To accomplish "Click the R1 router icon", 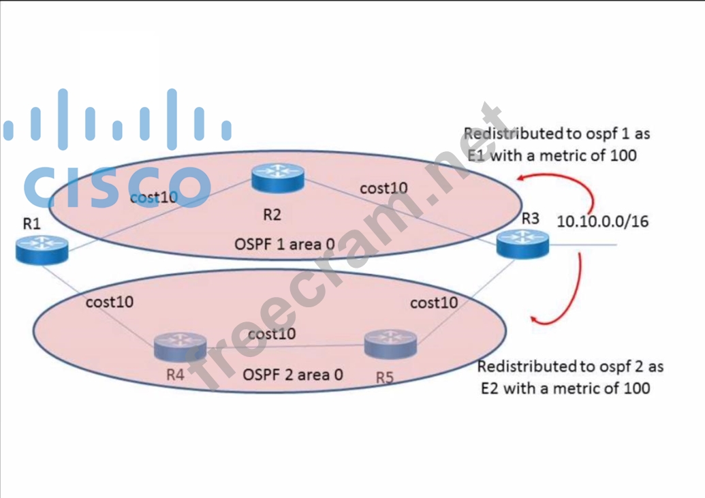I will [42, 249].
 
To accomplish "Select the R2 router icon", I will [277, 178].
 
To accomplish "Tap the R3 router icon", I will [522, 244].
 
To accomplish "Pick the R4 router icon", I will [180, 347].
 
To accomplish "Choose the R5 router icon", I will [390, 344].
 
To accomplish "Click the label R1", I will [32, 223].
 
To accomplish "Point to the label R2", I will [272, 215].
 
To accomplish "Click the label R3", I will [530, 219].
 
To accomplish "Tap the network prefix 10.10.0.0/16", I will [602, 221].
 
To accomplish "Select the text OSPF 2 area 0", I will [293, 374].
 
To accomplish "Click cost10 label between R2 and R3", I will [383, 188].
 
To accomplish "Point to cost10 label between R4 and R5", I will [272, 334].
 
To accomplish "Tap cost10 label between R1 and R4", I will [109, 302].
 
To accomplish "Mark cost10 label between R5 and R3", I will [434, 302].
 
